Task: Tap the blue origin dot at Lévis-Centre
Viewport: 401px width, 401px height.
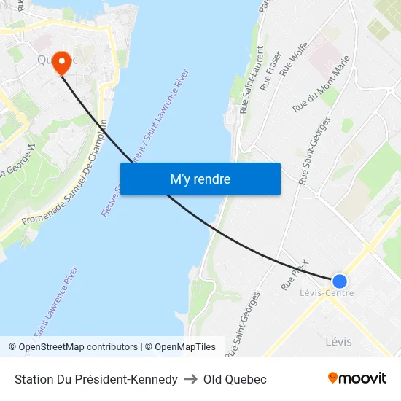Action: click(339, 281)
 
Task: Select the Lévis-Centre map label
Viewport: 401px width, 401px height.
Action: click(327, 293)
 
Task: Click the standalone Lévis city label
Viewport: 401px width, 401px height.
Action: click(338, 341)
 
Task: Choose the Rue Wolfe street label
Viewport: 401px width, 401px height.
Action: click(295, 58)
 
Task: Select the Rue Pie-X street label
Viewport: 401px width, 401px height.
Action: click(295, 275)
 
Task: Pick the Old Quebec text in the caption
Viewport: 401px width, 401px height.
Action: click(235, 379)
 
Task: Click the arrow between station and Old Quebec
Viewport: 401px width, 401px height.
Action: click(190, 379)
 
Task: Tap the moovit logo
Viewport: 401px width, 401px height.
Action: click(357, 378)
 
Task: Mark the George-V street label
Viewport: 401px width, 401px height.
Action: click(20, 162)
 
